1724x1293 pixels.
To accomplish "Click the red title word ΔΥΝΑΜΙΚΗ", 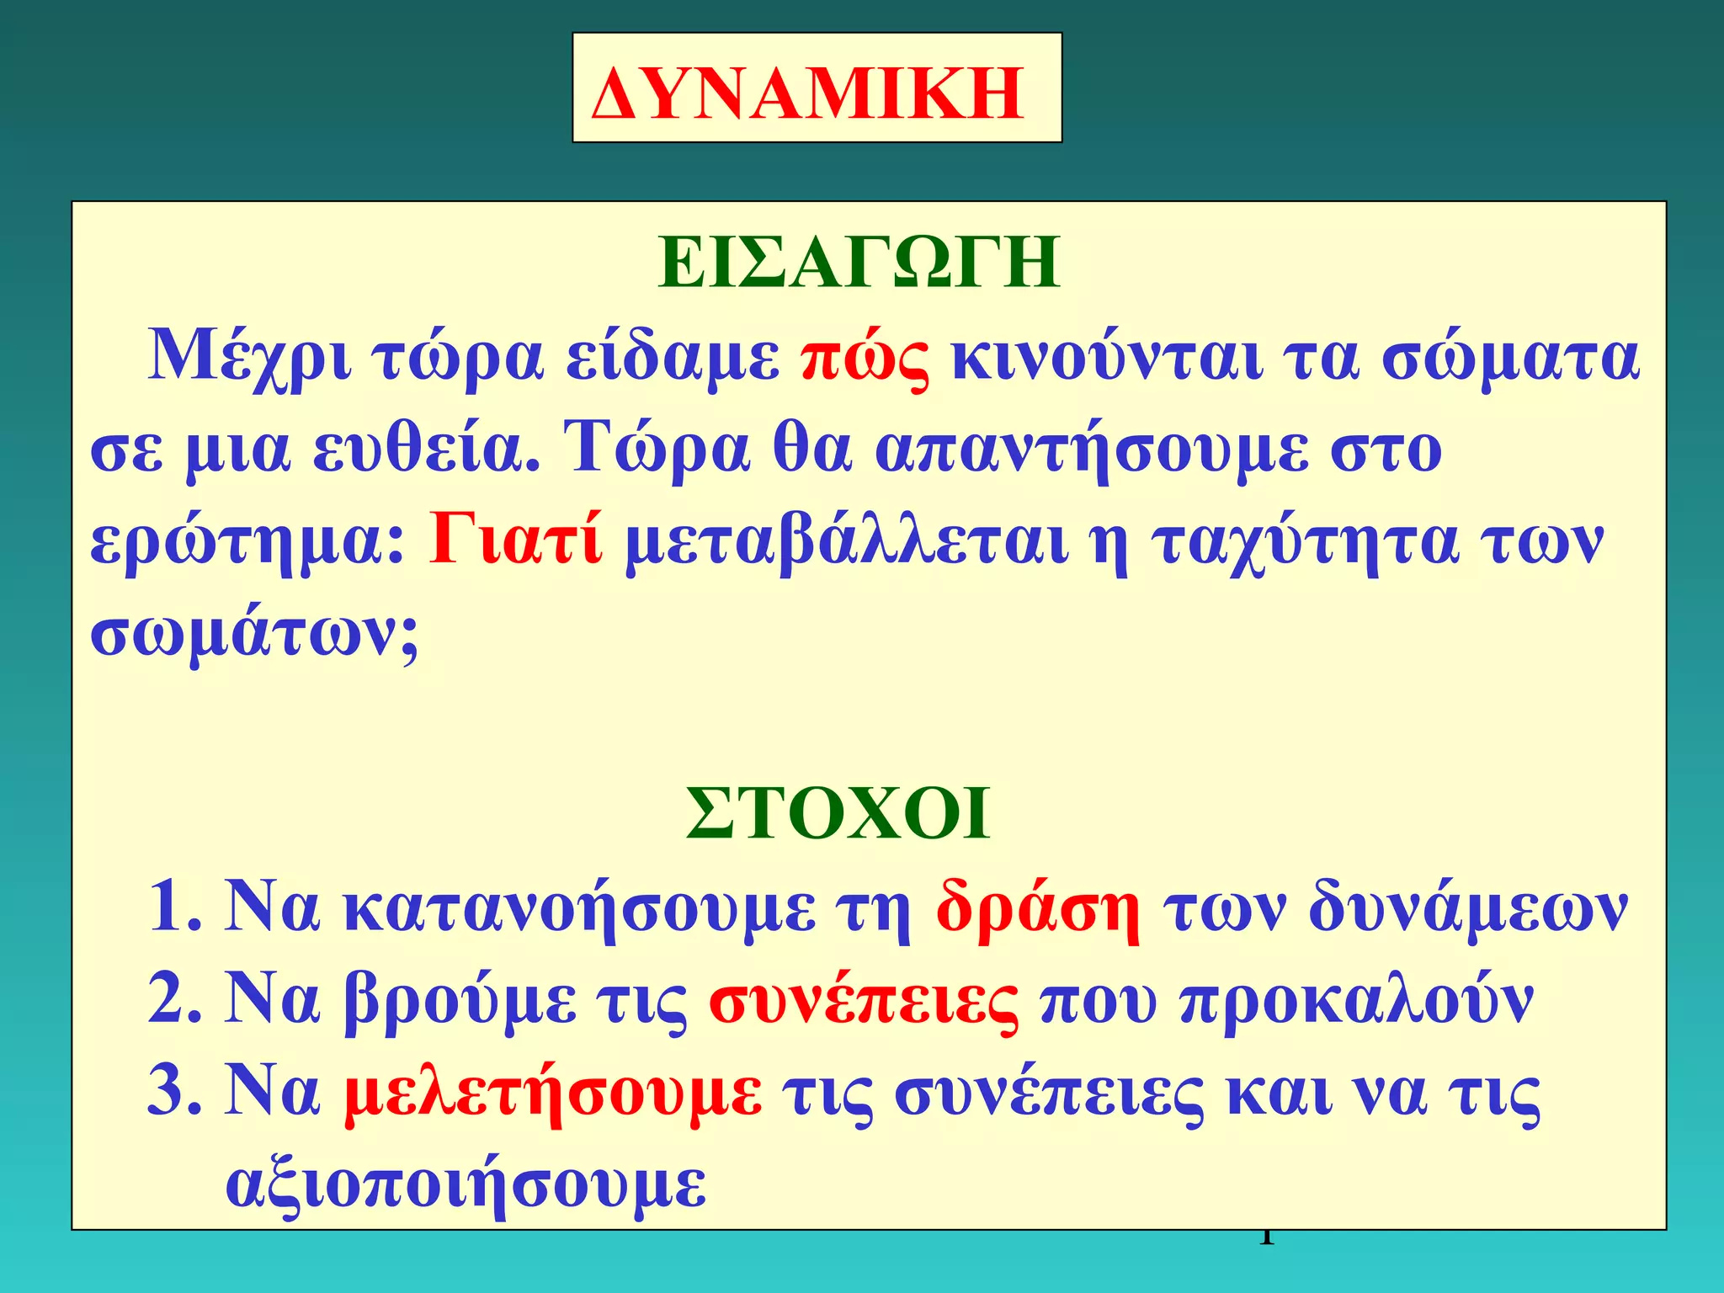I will pyautogui.click(x=808, y=93).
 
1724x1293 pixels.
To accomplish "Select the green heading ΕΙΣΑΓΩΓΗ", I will pyautogui.click(x=859, y=263).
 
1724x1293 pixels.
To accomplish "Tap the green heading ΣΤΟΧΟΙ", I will pyautogui.click(x=838, y=814).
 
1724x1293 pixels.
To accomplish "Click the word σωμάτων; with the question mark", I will pyautogui.click(x=254, y=636).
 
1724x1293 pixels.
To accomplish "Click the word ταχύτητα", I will pyautogui.click(x=1304, y=543).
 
